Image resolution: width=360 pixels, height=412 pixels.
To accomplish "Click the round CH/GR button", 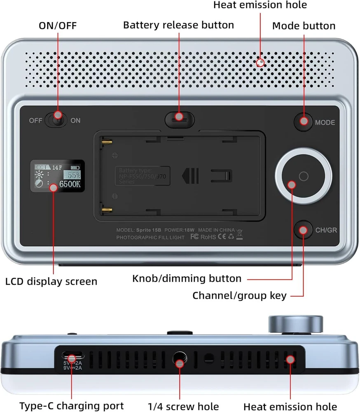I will click(x=304, y=230).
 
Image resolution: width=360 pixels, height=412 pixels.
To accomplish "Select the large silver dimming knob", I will click(x=304, y=176).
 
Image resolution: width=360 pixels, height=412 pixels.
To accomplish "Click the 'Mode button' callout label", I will click(x=304, y=26).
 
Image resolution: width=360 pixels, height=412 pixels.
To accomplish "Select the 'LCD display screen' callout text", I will click(x=51, y=282).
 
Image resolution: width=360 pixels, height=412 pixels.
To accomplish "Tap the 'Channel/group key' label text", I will click(x=239, y=295).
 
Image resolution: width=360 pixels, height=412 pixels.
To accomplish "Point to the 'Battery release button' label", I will click(x=178, y=25).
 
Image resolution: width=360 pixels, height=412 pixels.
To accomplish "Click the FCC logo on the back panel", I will click(x=195, y=238).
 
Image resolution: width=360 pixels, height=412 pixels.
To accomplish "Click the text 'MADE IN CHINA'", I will click(x=216, y=230).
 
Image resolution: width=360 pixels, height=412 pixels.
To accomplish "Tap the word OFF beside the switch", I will click(x=35, y=121).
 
